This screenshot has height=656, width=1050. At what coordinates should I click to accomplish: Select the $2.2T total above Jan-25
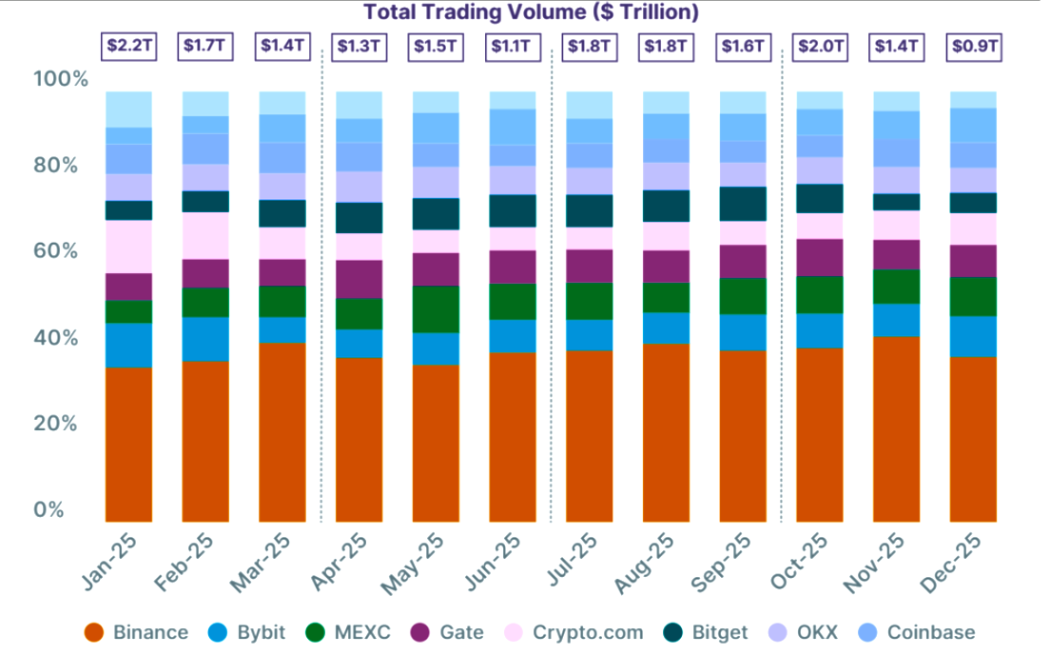[128, 45]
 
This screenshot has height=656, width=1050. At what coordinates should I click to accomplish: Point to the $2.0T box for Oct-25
[819, 45]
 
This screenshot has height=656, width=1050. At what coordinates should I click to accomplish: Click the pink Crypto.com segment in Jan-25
[128, 247]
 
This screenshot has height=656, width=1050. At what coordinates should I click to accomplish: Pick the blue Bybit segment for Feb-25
[205, 339]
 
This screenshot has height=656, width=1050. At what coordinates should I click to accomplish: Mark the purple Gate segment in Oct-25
[819, 257]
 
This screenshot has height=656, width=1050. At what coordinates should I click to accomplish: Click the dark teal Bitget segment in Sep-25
[743, 204]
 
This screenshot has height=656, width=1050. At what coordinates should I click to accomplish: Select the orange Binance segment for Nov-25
[896, 428]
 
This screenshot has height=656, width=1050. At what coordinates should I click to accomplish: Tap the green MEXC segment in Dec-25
[973, 296]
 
